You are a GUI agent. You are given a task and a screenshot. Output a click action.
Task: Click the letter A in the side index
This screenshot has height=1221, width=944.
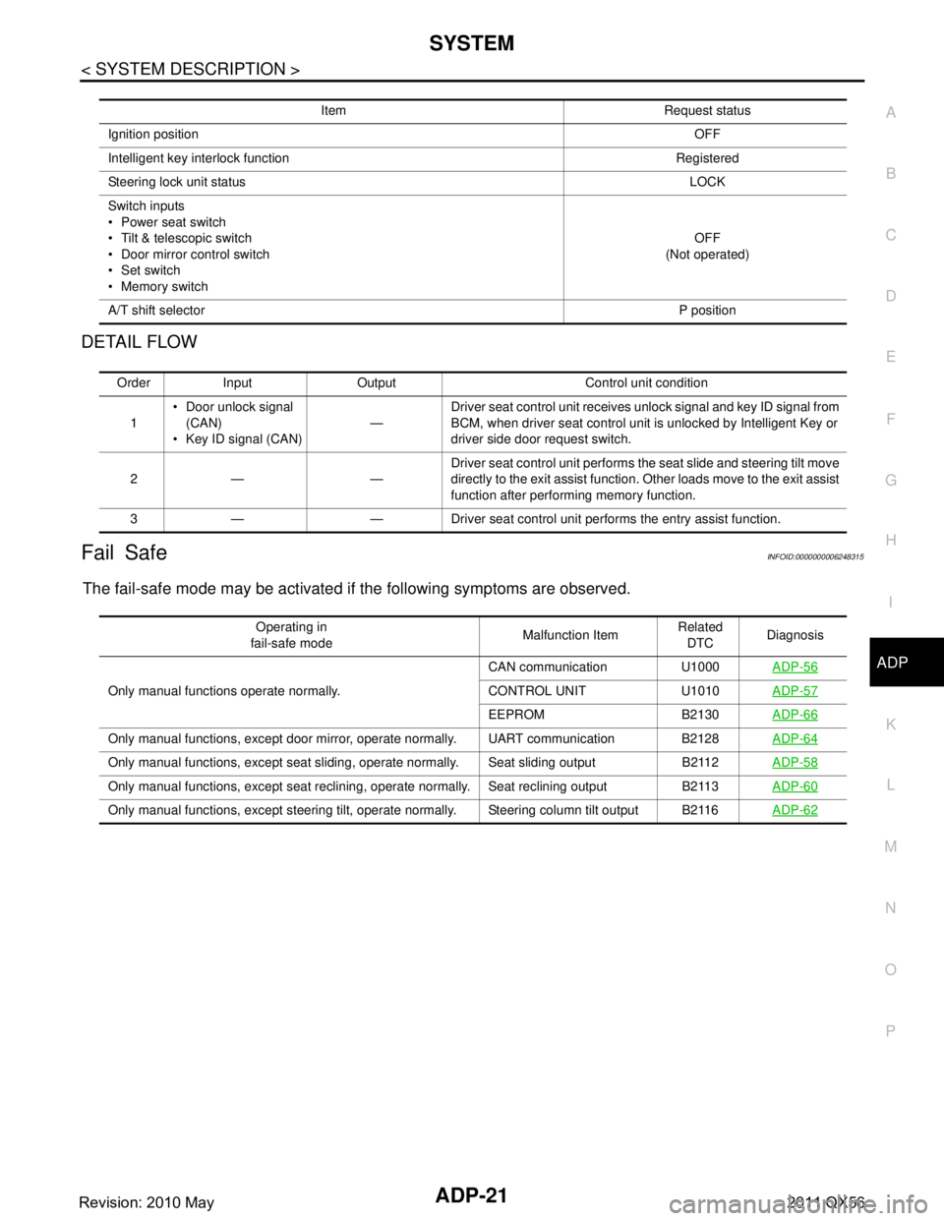coord(890,113)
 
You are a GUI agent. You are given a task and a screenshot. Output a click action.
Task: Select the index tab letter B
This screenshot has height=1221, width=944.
coord(890,174)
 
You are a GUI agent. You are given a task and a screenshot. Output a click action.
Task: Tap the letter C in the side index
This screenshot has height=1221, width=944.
coord(890,235)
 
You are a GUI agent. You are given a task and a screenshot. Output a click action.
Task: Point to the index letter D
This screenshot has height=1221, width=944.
coord(890,296)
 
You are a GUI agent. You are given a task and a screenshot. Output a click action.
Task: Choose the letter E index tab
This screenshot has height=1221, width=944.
coord(890,358)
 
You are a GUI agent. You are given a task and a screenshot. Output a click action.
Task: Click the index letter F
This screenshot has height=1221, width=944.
coord(890,419)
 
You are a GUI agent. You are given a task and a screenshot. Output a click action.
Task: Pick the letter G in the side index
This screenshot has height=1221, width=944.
coord(890,480)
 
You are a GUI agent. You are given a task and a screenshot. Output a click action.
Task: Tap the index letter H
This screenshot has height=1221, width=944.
coord(890,541)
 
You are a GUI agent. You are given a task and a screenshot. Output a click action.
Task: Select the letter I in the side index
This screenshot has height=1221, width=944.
coord(890,603)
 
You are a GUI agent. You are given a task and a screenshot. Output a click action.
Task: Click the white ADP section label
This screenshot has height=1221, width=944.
coord(892,664)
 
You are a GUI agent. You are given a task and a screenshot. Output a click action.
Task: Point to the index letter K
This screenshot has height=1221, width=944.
coord(890,725)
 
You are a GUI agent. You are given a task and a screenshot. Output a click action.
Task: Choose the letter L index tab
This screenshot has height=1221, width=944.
coord(890,785)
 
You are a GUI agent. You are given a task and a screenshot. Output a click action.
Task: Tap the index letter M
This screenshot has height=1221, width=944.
coord(890,846)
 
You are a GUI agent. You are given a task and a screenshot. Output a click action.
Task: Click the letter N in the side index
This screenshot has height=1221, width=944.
coord(890,908)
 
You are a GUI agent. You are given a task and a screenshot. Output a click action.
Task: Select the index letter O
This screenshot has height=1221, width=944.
coord(890,969)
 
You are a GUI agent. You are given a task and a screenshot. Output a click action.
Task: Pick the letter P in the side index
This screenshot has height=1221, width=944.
coord(890,1030)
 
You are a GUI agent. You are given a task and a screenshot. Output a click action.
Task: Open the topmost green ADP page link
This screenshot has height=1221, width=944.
coord(795,667)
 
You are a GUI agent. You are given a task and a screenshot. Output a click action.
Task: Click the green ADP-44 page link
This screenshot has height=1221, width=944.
coord(795,738)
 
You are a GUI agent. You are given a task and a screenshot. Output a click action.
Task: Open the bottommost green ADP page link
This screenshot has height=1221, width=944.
coord(795,810)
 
